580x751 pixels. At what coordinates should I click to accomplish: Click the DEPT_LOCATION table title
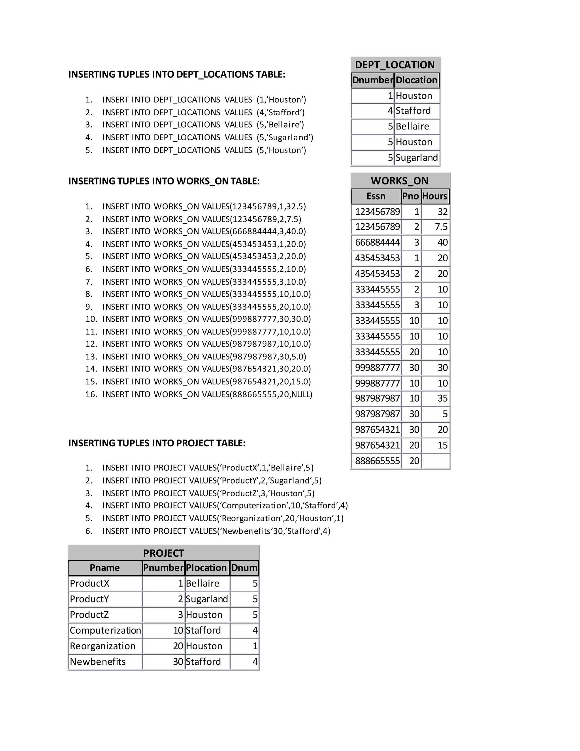point(395,65)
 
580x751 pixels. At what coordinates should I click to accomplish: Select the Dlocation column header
point(416,80)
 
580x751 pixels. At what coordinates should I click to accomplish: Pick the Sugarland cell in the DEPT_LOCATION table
point(416,158)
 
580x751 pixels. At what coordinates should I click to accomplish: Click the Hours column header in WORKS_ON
point(435,196)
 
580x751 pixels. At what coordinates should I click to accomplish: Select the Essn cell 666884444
point(377,242)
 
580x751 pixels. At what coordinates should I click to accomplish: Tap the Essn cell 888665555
point(377,461)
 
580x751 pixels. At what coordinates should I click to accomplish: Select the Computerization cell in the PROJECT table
point(105,630)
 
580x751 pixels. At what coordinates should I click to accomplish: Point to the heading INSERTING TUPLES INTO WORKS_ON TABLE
point(164,181)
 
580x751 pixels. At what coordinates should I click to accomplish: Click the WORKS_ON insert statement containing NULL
point(207,394)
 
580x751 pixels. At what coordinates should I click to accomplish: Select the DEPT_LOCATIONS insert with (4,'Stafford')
point(203,113)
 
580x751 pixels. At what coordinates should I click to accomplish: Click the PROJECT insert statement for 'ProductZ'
point(208,493)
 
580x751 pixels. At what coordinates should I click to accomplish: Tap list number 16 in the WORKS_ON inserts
point(91,394)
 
